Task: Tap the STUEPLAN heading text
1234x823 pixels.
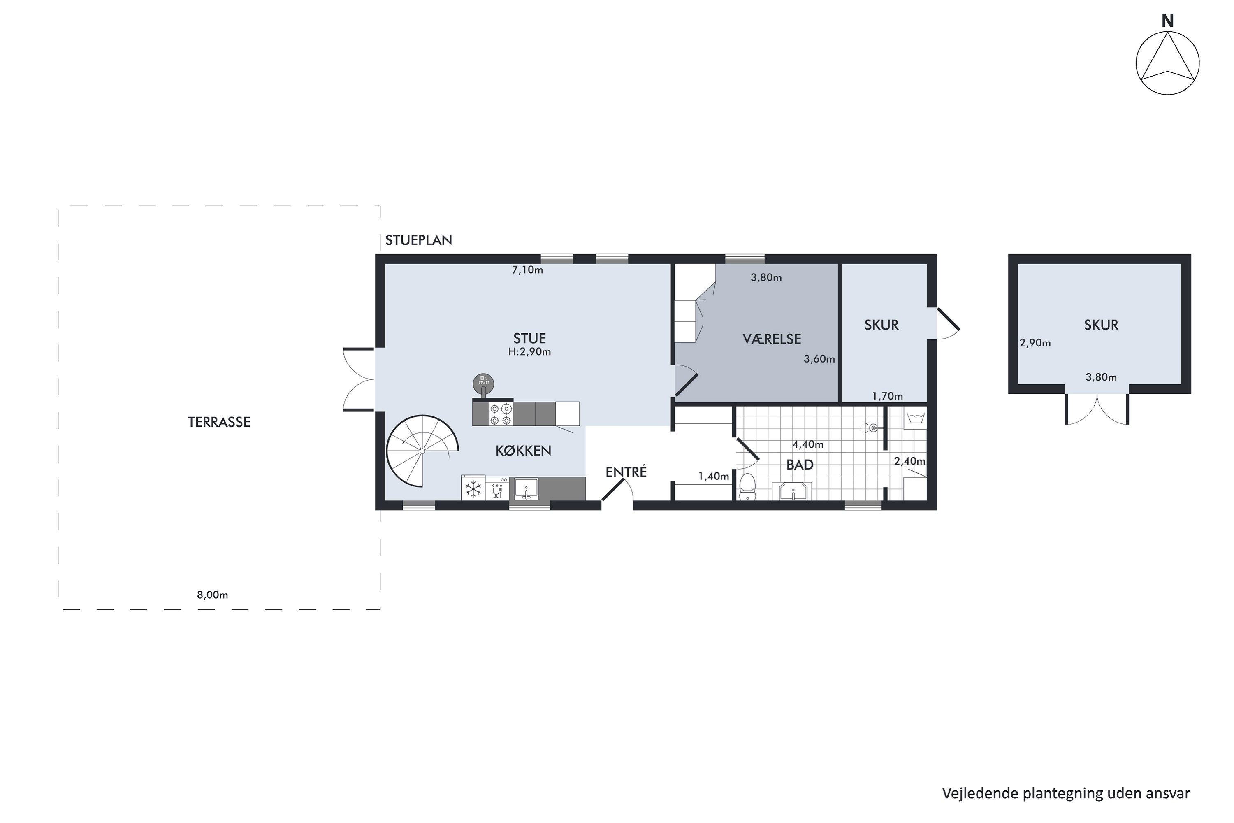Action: (x=418, y=240)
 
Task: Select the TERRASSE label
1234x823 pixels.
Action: (x=219, y=422)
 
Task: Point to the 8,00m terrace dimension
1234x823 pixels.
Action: (x=213, y=595)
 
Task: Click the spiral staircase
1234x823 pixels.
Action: (x=422, y=451)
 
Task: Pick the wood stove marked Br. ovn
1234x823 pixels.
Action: (x=483, y=383)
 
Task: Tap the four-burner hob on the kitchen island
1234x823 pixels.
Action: (x=501, y=414)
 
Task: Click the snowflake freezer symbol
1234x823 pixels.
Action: (x=473, y=489)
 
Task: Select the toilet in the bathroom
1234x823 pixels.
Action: (x=747, y=487)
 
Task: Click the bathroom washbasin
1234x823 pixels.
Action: (x=792, y=492)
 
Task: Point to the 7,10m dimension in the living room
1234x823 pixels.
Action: (x=527, y=270)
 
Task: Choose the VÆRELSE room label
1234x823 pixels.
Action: (x=772, y=339)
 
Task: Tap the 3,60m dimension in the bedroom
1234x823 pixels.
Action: (x=819, y=359)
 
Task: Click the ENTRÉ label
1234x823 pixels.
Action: (x=626, y=472)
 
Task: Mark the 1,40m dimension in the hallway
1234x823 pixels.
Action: (x=714, y=477)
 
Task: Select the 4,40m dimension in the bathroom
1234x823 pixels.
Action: (x=808, y=444)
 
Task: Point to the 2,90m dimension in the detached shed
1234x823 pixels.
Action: (x=1035, y=343)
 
